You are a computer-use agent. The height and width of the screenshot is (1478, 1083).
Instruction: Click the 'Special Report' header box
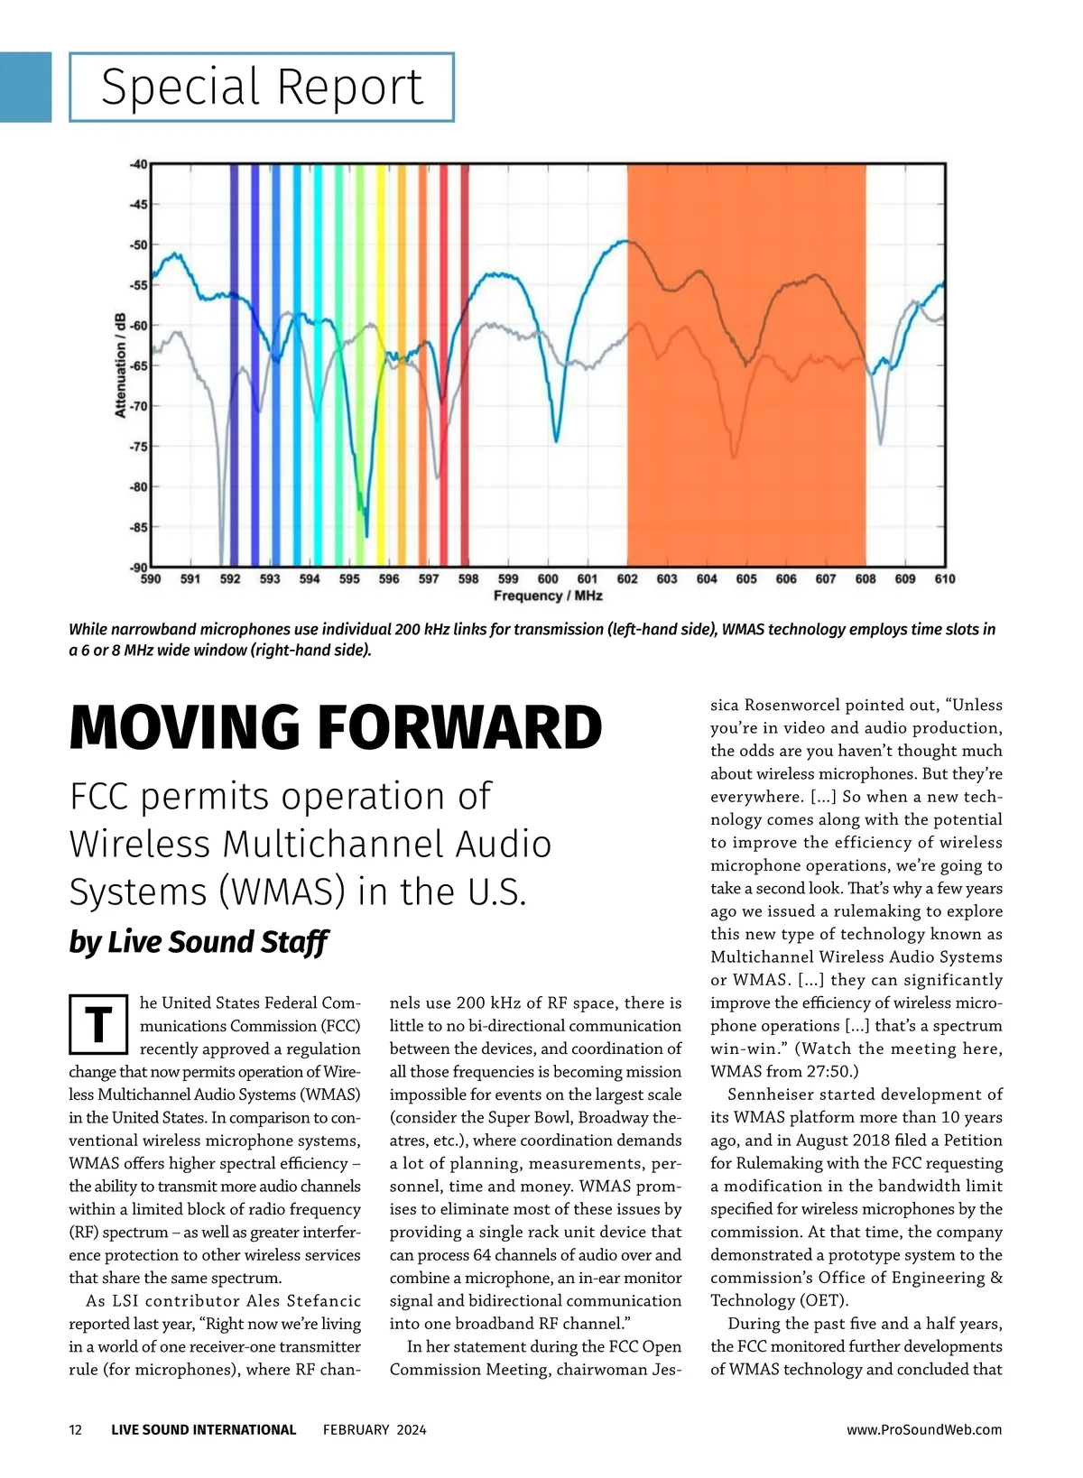pos(262,88)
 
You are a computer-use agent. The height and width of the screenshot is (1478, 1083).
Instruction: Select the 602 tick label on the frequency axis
pos(627,579)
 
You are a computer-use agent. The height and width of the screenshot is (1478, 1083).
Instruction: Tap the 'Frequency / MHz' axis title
pos(548,596)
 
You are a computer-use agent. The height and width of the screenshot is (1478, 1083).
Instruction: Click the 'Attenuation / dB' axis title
pos(120,365)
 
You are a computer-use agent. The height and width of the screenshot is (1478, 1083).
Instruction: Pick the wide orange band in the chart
pos(746,365)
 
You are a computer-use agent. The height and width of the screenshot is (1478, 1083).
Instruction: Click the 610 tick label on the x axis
pos(944,579)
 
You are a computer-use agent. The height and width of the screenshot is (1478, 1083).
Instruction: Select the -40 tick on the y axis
pos(137,164)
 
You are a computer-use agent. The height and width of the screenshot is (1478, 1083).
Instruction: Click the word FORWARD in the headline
pos(460,729)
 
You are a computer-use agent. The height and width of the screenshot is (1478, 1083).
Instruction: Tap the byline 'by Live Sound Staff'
pos(198,942)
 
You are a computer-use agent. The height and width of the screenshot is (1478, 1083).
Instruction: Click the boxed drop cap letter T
pos(98,1024)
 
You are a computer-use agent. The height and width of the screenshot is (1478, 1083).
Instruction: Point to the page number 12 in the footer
pos(76,1429)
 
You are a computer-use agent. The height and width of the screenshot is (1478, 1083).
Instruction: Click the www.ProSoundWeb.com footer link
pos(924,1429)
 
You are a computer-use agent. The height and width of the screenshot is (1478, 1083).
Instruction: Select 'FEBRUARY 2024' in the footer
pos(375,1429)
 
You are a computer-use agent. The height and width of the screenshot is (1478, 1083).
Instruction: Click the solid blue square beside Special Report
pos(25,87)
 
